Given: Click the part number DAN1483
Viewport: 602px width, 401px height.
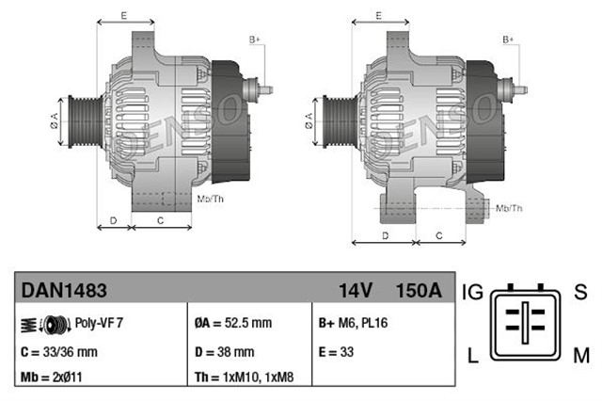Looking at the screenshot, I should [57, 291].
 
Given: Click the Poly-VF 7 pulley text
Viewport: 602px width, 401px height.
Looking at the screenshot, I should [99, 322].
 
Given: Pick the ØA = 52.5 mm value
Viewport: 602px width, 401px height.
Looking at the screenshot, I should [233, 323].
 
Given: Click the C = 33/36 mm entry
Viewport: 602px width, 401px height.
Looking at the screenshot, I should [58, 352].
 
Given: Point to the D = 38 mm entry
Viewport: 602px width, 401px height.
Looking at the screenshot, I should [224, 352].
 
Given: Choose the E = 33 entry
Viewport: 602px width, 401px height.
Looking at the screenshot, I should [338, 352].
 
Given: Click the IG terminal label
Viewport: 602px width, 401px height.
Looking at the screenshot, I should [472, 293].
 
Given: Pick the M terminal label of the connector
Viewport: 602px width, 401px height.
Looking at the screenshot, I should [580, 355].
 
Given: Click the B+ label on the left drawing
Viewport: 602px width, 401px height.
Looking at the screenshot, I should [255, 39].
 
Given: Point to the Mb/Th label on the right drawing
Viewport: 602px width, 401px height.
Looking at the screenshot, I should [508, 207].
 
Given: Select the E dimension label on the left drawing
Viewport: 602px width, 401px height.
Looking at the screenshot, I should [125, 14].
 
